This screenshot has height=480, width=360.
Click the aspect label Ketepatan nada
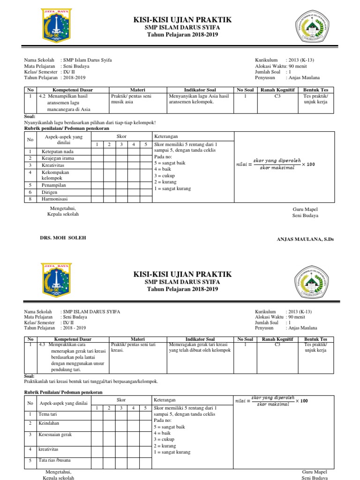[x=57, y=151]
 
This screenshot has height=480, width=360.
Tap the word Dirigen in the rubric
[x=49, y=192]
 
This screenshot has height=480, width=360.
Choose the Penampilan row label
[x=53, y=185]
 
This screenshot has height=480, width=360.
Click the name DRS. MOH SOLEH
[x=63, y=238]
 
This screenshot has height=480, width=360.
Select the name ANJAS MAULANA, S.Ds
[x=306, y=239]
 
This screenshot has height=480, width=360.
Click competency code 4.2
[x=42, y=96]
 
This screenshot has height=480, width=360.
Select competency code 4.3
[x=42, y=345]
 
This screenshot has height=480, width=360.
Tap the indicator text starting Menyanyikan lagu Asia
[x=199, y=99]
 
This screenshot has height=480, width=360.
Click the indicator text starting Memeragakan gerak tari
[x=199, y=348]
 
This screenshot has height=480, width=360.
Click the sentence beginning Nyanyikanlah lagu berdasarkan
[x=90, y=122]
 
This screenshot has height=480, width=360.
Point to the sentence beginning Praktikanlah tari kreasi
[x=91, y=381]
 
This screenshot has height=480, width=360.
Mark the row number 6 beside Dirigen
[x=30, y=192]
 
